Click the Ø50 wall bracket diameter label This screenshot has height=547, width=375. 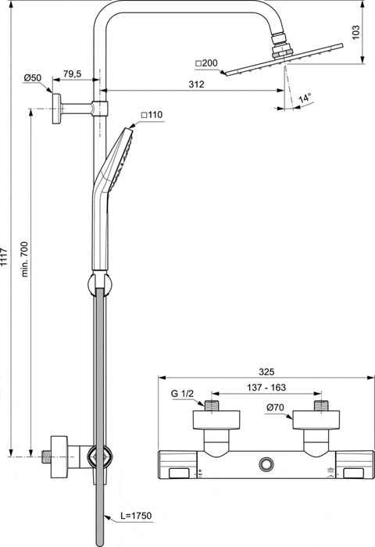(32, 77)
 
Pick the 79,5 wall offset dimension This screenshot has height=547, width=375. (72, 73)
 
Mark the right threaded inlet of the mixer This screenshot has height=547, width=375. (318, 406)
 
